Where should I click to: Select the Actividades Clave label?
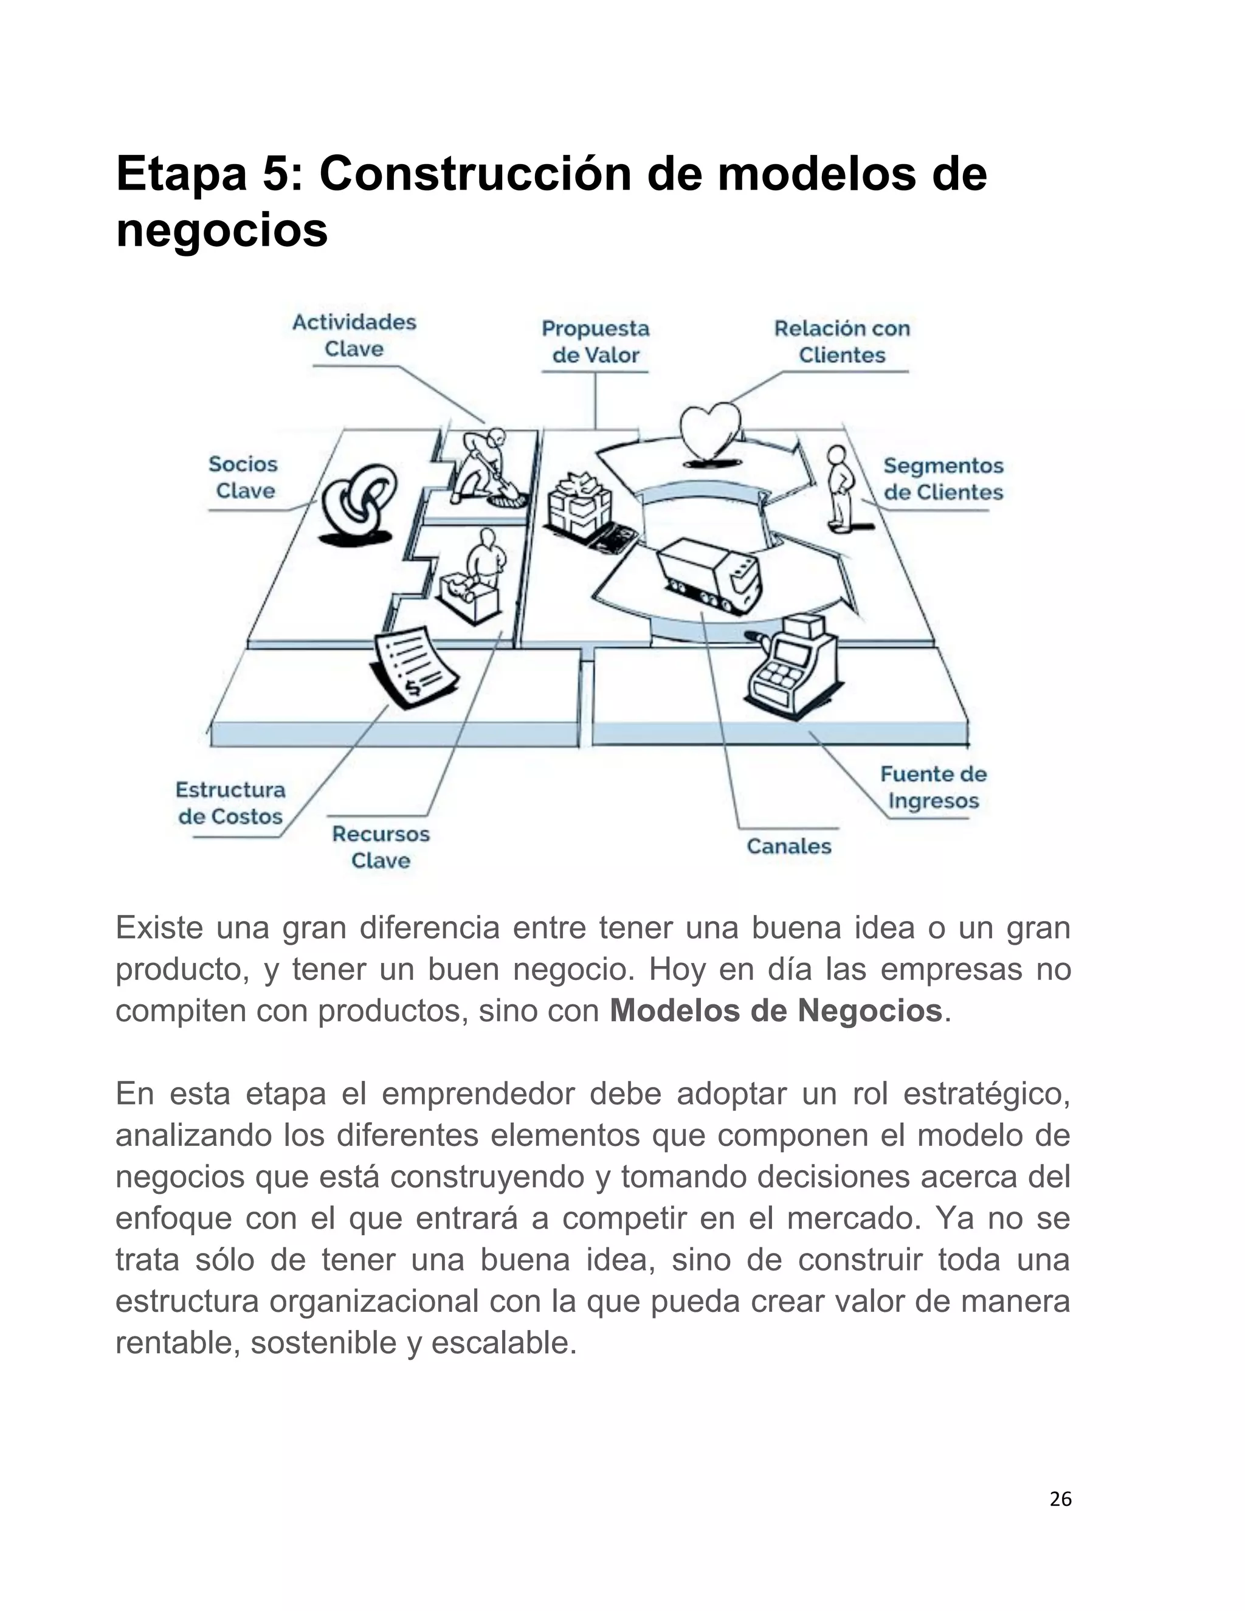354,335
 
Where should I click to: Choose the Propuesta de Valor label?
595,342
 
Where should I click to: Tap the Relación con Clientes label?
841,342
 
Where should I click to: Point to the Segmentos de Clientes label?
943,478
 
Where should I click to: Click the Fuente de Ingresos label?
933,787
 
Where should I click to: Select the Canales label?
788,846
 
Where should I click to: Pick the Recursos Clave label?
381,847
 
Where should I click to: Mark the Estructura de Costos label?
230,803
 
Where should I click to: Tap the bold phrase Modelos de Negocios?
776,1010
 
